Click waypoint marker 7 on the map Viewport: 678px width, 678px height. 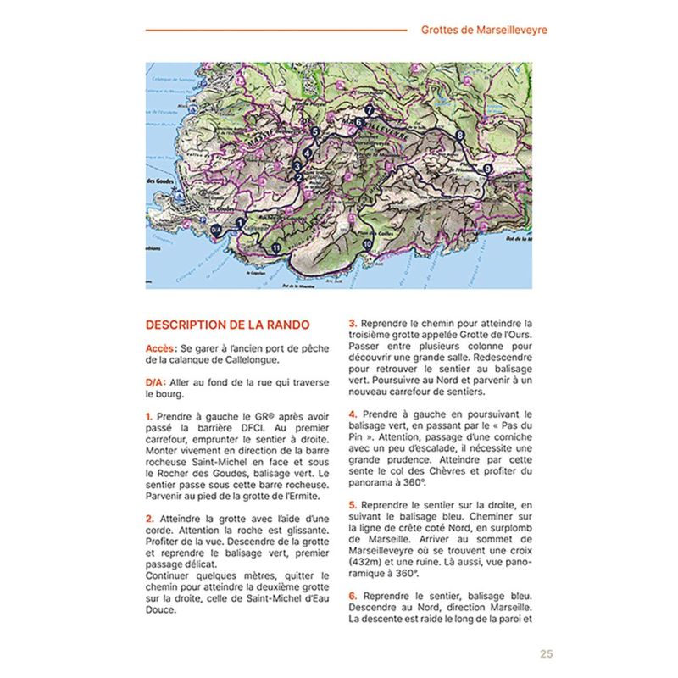(370, 111)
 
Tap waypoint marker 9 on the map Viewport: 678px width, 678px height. (486, 169)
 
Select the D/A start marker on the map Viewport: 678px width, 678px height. (215, 229)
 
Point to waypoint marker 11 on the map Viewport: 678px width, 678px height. (277, 247)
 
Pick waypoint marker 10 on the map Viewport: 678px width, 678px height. (367, 244)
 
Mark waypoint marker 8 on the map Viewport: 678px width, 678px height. (460, 136)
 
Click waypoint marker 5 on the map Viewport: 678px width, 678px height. (314, 132)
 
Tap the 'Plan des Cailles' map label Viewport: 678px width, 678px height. (373, 232)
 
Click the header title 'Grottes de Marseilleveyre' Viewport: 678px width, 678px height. (484, 30)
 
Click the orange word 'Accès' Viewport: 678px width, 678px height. (160, 347)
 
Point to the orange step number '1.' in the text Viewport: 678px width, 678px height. (149, 416)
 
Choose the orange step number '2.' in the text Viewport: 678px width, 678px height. (149, 518)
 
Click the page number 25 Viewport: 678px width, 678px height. (546, 653)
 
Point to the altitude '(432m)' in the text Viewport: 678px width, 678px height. (366, 561)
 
